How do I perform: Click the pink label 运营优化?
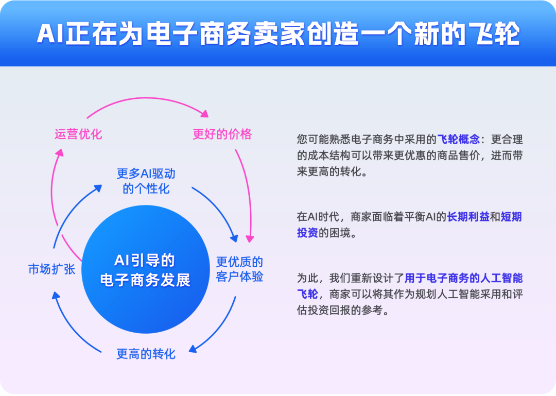(78, 134)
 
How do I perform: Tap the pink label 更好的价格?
(222, 134)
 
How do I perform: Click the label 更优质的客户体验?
(239, 269)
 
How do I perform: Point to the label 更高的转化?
(146, 354)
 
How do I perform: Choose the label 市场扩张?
(51, 269)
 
